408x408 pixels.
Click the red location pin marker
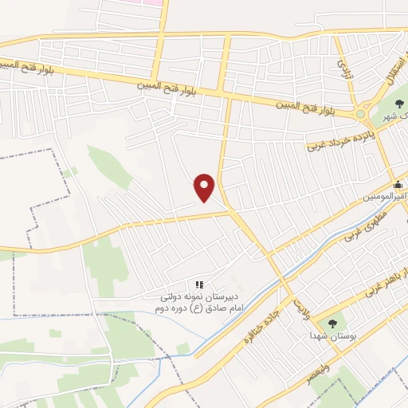(x=205, y=187)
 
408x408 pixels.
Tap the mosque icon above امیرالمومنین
(x=398, y=185)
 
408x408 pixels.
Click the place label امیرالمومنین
(x=386, y=196)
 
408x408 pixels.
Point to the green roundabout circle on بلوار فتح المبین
(x=361, y=114)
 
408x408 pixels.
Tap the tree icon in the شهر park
(x=399, y=103)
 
